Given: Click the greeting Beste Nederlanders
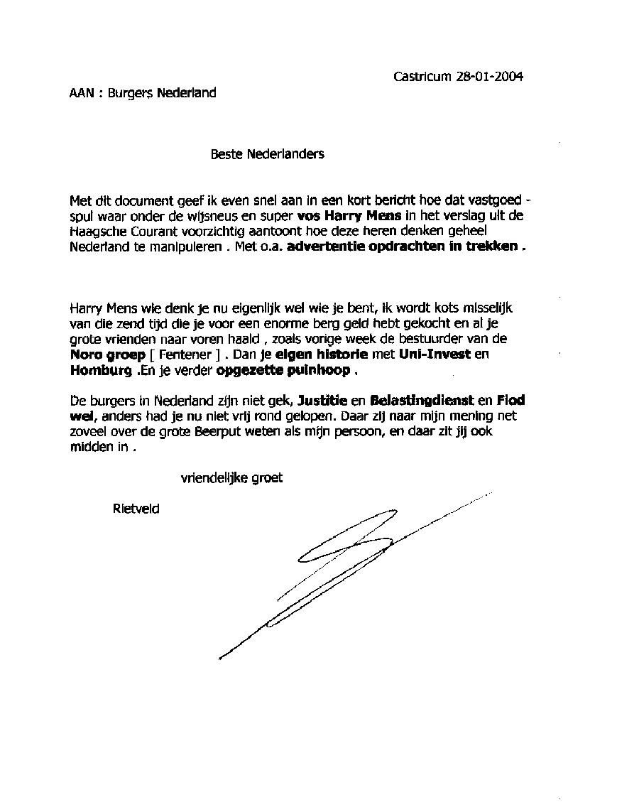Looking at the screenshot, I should (267, 153).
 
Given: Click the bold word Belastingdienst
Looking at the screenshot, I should (417, 401).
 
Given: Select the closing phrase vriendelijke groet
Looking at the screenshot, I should (231, 478).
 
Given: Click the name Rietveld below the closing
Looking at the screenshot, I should (136, 508).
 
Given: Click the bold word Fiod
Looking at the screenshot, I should (510, 401).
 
